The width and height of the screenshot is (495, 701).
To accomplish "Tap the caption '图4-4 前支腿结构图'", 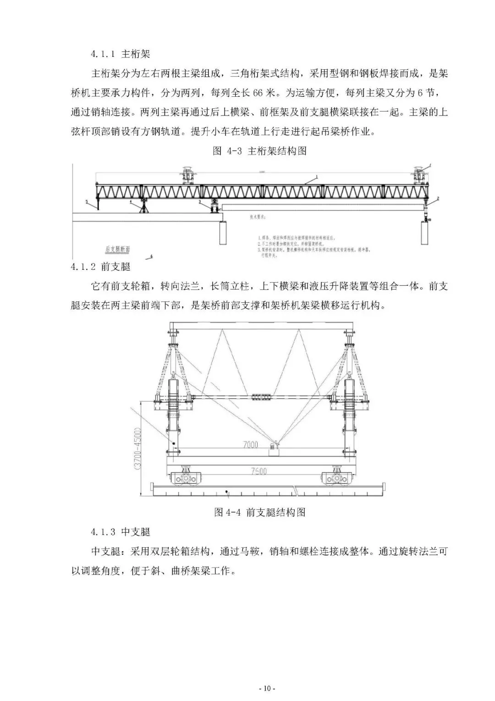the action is (259, 512).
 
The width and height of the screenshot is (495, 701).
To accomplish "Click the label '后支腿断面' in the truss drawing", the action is (117, 249).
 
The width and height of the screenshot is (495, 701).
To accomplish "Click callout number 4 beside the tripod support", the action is (131, 201).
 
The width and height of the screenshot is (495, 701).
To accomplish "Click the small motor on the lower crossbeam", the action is (275, 446).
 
